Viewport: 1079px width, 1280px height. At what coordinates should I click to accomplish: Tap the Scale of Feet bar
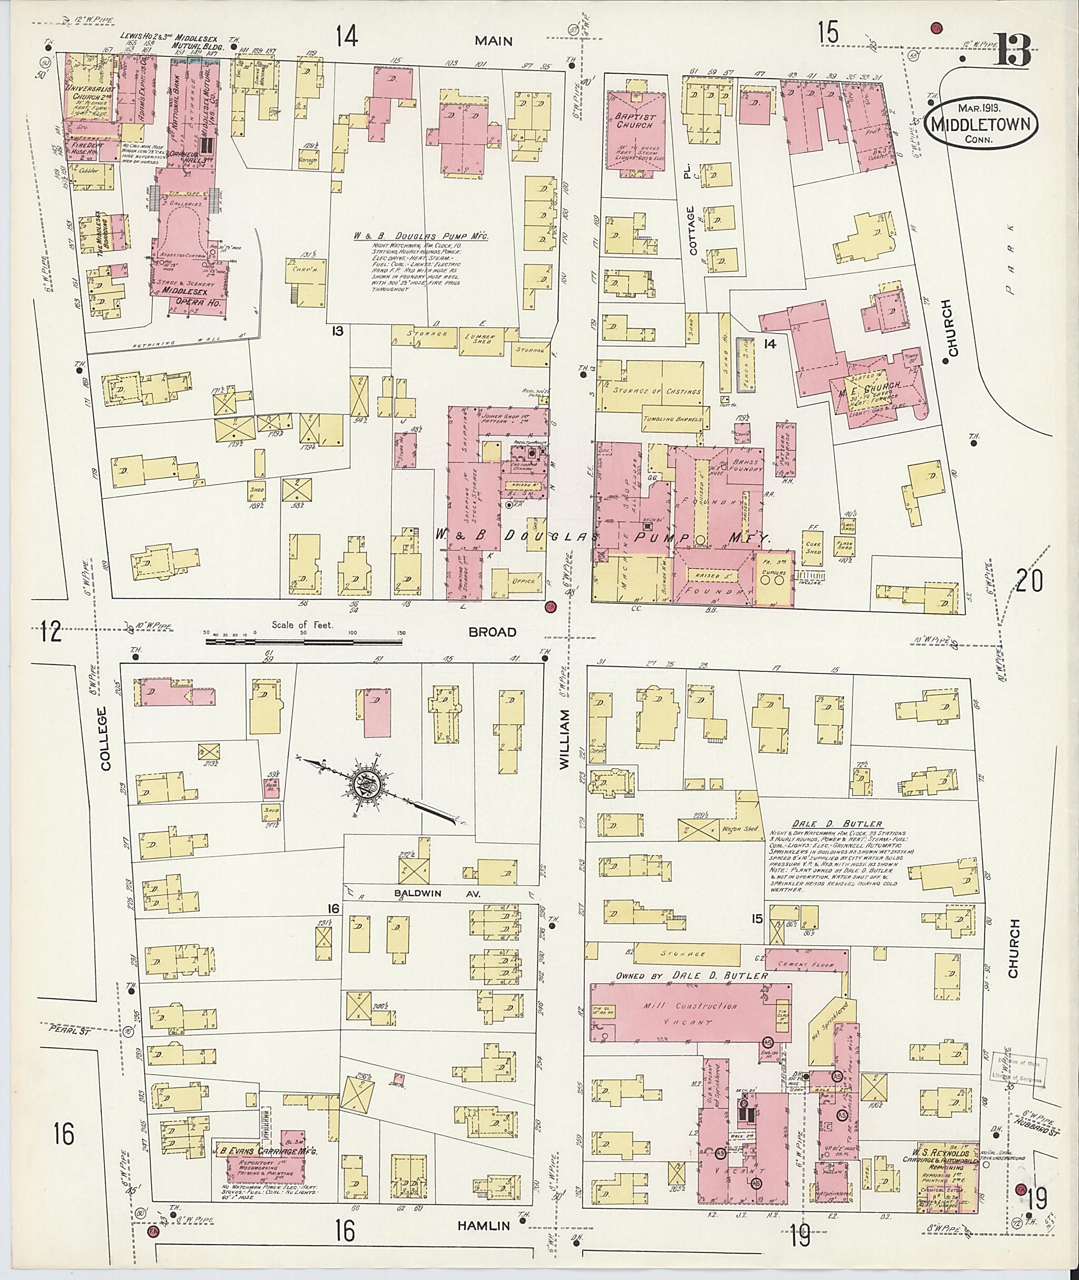point(303,642)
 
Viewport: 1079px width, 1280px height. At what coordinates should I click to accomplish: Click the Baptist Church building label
point(635,121)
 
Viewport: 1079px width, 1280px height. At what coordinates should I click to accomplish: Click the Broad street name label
point(493,632)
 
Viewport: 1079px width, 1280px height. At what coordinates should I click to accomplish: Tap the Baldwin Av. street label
point(437,893)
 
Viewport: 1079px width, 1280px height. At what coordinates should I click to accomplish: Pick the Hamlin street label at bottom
point(483,1226)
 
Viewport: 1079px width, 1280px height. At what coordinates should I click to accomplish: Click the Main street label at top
point(494,41)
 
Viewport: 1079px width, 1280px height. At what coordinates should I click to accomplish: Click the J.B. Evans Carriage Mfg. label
point(266,1148)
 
